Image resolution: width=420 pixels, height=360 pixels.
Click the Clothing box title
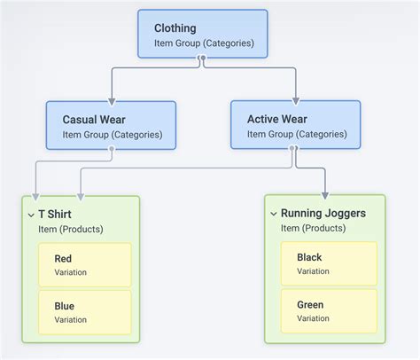pyautogui.click(x=175, y=28)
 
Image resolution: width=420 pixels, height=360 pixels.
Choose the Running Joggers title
pyautogui.click(x=323, y=214)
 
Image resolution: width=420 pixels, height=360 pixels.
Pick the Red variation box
pyautogui.click(x=85, y=265)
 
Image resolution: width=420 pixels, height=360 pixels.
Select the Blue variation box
pyautogui.click(x=85, y=312)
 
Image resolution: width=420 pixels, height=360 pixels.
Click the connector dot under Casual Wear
pyautogui.click(x=112, y=150)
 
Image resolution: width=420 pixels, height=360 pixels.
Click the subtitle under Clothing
pyautogui.click(x=204, y=43)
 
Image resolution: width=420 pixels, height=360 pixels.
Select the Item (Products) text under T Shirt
pyautogui.click(x=71, y=229)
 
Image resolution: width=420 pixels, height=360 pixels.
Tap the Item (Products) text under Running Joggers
pyautogui.click(x=313, y=229)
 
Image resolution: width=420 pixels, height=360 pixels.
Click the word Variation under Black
pyautogui.click(x=313, y=271)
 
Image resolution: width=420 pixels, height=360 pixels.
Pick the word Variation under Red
pyautogui.click(x=71, y=272)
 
